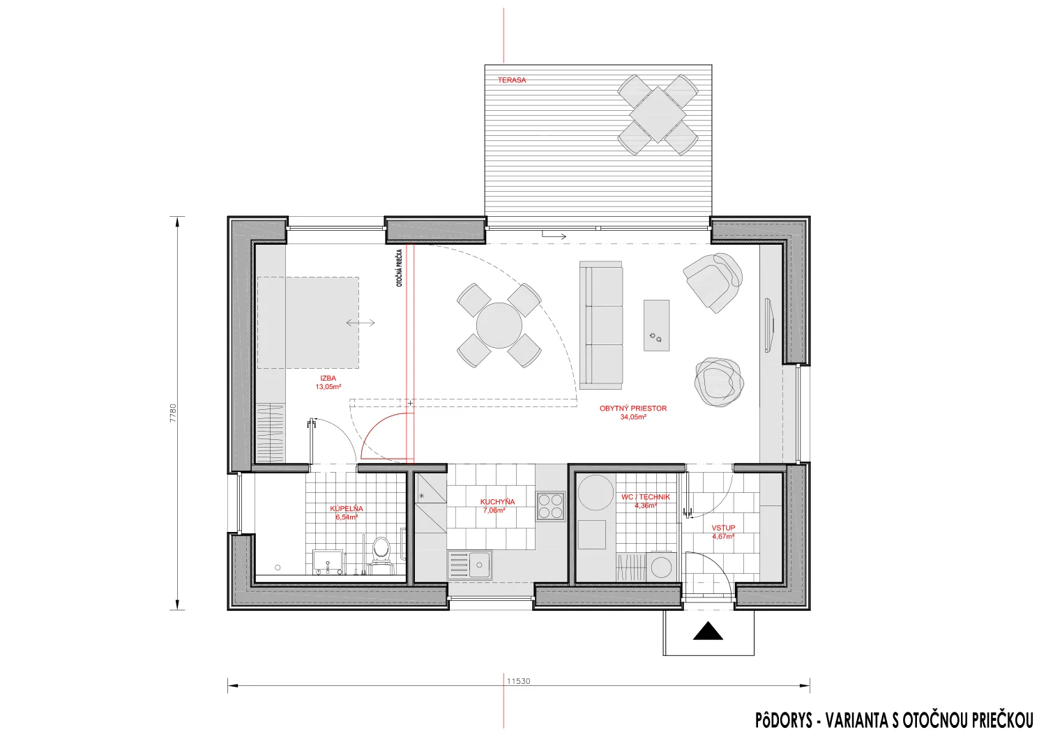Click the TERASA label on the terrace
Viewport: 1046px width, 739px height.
coord(512,80)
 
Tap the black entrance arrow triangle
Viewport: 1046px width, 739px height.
coord(708,631)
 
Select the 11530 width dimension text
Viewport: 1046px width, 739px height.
coord(519,681)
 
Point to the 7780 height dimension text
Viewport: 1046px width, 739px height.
coord(173,413)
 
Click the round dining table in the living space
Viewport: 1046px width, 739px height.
coord(499,326)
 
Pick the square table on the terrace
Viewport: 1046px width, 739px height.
coord(658,114)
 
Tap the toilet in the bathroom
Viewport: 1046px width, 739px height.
coord(381,554)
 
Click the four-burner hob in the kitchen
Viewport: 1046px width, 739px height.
coord(550,506)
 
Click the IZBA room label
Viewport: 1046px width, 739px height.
coord(328,378)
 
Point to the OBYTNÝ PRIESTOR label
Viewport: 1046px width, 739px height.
coord(633,409)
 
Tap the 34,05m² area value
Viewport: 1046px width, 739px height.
coord(633,417)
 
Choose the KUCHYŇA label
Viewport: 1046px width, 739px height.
coord(497,502)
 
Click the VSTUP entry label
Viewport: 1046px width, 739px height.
coord(723,528)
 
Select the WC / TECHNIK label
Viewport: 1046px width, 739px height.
coord(645,497)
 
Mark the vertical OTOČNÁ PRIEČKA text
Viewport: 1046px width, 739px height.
coord(400,268)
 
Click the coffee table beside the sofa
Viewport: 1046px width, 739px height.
coord(657,326)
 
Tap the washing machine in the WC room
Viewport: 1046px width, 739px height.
coord(661,567)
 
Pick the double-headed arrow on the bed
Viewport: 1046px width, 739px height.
coord(361,323)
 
